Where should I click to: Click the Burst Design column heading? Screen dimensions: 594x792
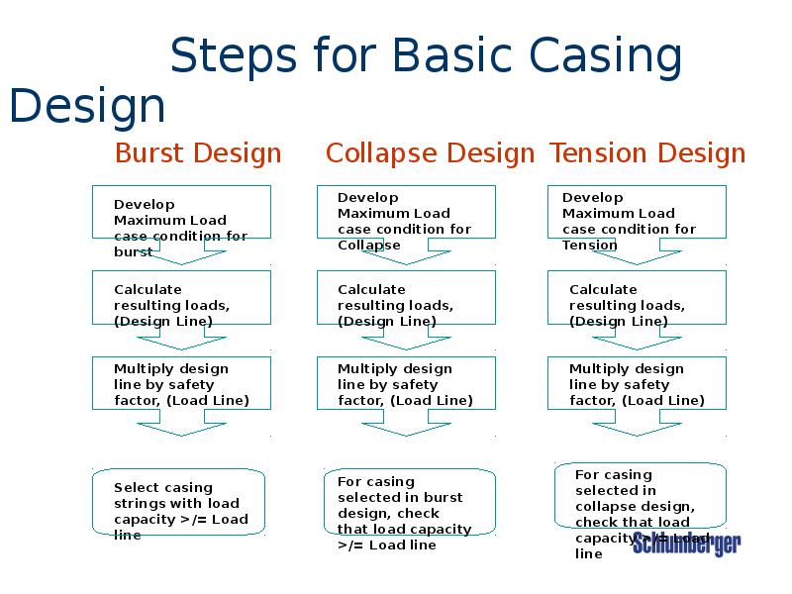coord(198,153)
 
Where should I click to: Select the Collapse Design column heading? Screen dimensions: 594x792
coord(430,153)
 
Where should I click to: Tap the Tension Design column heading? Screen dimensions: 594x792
coord(647,153)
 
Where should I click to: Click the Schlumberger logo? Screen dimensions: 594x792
coord(686,544)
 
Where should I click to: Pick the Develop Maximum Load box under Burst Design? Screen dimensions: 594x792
coord(181,212)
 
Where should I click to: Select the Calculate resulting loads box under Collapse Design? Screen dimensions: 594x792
coord(405,298)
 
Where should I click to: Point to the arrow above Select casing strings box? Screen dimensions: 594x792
coord(181,428)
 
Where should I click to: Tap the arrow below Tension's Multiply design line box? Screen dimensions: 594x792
coord(637,428)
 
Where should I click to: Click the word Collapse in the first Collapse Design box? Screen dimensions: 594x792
coord(369,245)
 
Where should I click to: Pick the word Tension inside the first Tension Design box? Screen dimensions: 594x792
coord(590,245)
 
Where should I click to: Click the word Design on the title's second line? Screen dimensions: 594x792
coord(87,107)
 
